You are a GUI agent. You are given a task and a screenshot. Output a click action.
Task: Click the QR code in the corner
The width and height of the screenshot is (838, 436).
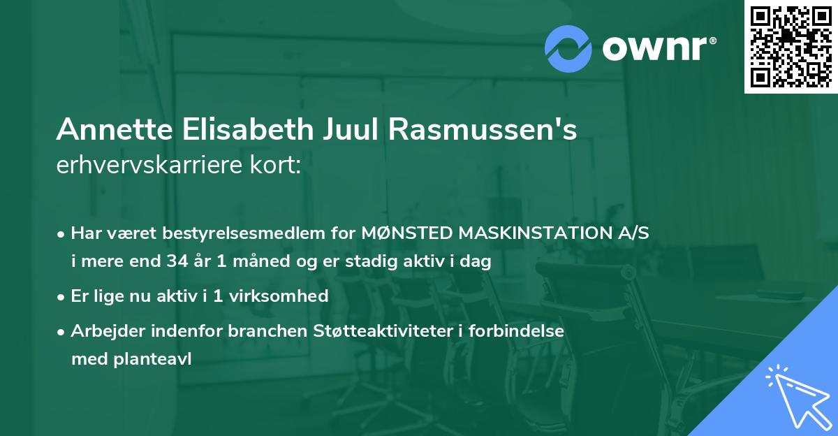click(791, 47)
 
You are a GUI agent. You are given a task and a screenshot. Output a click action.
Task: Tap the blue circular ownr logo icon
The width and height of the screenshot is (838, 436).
click(568, 49)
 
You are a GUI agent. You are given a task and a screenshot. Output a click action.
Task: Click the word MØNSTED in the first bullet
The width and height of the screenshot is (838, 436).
click(399, 233)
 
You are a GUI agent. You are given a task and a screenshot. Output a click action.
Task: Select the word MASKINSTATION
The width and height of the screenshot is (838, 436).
click(526, 233)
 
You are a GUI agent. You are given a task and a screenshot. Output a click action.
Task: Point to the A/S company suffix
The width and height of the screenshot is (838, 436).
click(631, 233)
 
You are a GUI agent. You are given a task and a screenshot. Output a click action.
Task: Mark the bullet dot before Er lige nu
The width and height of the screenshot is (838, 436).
click(62, 296)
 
